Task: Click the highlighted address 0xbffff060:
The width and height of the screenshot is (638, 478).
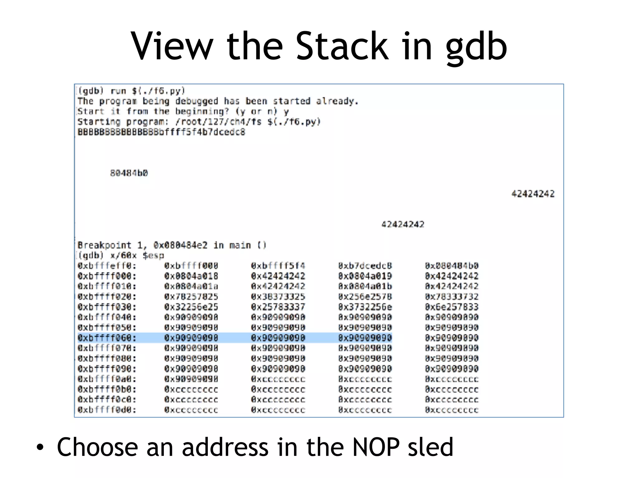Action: tap(107, 338)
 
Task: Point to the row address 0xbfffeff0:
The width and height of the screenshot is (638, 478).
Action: tap(107, 266)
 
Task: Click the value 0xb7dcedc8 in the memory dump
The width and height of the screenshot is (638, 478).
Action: tap(365, 266)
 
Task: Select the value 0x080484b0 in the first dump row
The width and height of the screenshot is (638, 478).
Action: tap(451, 266)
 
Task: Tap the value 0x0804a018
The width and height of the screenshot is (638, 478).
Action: tap(191, 276)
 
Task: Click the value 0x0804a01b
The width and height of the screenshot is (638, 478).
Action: tap(365, 287)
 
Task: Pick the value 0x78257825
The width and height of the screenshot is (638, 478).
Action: tap(191, 297)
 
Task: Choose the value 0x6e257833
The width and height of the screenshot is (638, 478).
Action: tap(451, 307)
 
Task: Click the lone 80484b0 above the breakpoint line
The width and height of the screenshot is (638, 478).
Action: tap(129, 173)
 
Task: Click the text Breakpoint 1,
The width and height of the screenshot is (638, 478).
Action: tap(112, 246)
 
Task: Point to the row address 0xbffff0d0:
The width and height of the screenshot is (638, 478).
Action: tap(107, 410)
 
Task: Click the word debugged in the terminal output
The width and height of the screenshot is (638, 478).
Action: tap(196, 101)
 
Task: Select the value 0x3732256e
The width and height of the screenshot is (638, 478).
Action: tap(365, 307)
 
